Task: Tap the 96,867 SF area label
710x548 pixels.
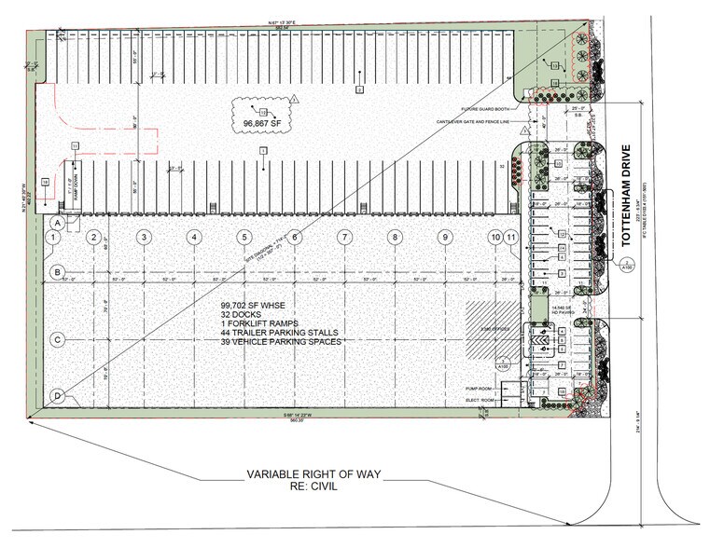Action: point(258,121)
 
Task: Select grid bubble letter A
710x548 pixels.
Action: point(58,224)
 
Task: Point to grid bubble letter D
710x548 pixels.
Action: point(58,396)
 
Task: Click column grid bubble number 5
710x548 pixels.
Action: point(244,238)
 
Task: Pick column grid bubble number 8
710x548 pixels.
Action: point(396,238)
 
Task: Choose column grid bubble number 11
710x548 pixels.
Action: point(512,238)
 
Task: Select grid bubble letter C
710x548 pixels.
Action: point(58,339)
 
